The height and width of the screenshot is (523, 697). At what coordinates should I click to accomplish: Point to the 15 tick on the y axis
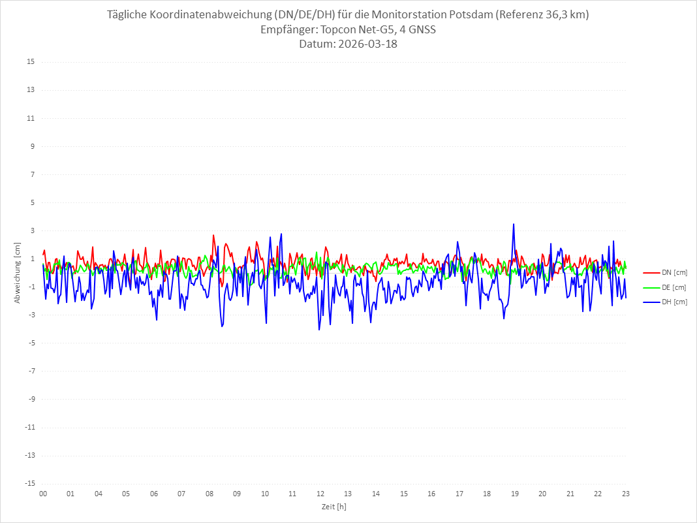coord(31,62)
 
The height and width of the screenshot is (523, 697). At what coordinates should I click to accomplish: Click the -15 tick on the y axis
coord(29,483)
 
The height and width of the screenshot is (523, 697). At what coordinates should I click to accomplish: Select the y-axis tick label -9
coord(31,399)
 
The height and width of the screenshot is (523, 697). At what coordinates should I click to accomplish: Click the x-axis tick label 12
coord(320,494)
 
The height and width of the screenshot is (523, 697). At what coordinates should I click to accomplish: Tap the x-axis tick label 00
coord(43,494)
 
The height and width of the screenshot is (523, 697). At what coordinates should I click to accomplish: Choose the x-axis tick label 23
coord(625,494)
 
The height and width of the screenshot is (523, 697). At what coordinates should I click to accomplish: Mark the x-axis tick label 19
coord(514,494)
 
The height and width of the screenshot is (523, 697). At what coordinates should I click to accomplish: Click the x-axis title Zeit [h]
coord(333,506)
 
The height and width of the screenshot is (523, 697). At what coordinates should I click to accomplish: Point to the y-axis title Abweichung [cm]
coord(18,272)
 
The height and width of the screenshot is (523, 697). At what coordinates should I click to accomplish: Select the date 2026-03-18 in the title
coord(365,44)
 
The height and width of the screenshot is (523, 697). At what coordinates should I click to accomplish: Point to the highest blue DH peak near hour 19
coord(514,224)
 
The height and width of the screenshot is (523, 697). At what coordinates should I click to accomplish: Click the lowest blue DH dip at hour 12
coord(319,330)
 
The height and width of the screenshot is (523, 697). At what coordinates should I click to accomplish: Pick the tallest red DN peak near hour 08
coord(213,235)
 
